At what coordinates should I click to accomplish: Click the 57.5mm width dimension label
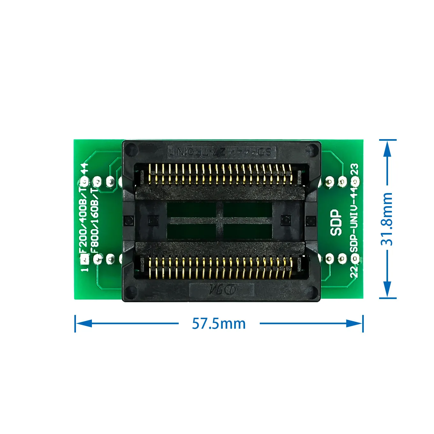pyautogui.click(x=219, y=324)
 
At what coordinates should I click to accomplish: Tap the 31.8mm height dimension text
pyautogui.click(x=387, y=219)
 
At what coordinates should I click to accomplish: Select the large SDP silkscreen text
pyautogui.click(x=336, y=222)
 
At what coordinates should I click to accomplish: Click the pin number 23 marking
pyautogui.click(x=355, y=169)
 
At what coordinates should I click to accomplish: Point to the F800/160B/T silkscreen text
pyautogui.click(x=95, y=220)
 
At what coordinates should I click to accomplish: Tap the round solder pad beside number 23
pyautogui.click(x=355, y=182)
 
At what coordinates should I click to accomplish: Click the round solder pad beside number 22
pyautogui.click(x=355, y=258)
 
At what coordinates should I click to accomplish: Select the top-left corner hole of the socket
pyautogui.click(x=131, y=149)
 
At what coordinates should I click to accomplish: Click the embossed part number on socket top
pyautogui.click(x=221, y=151)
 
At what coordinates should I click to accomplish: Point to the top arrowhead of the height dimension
pyautogui.click(x=387, y=148)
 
